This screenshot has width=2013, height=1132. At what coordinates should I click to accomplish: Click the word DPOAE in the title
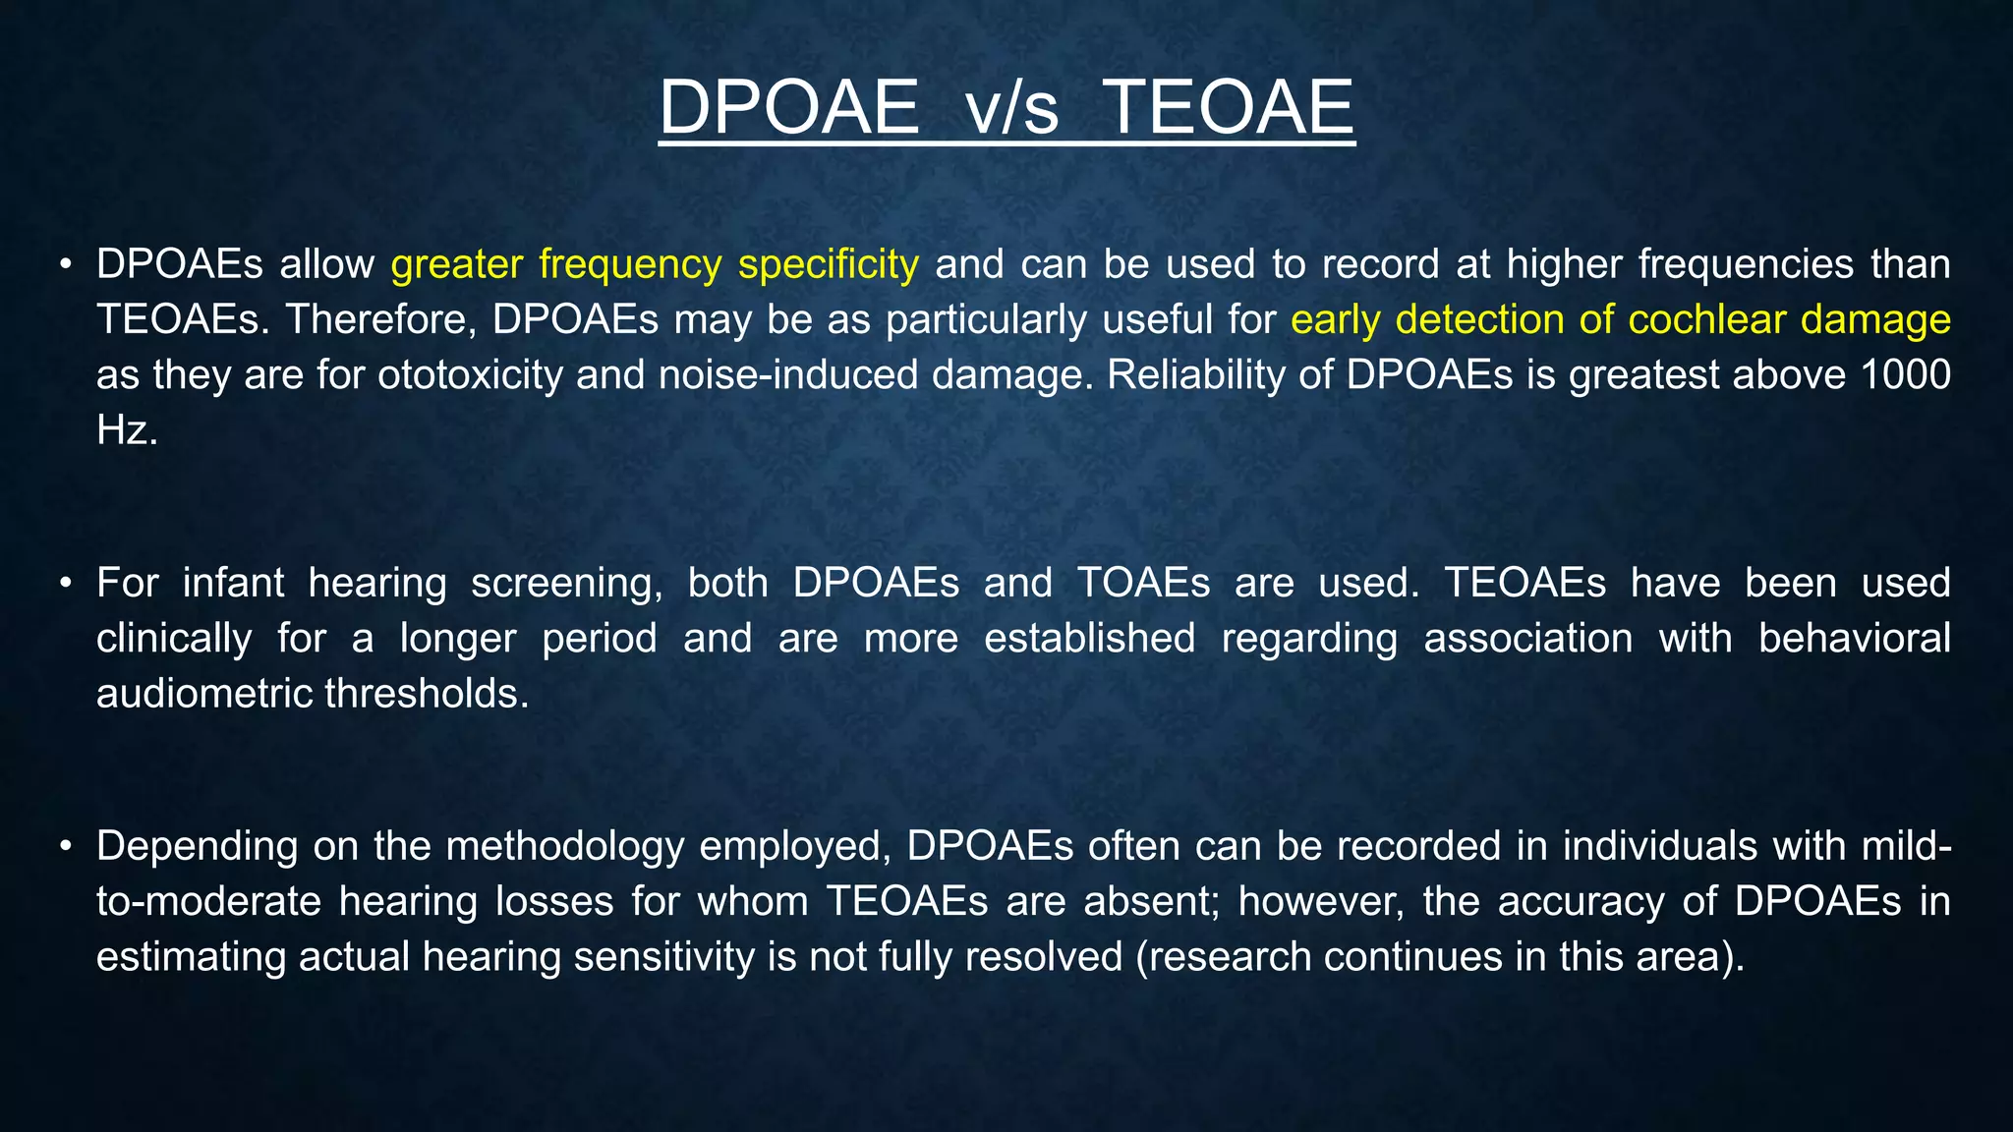point(788,107)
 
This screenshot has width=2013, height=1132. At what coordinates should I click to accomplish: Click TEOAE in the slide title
point(1229,107)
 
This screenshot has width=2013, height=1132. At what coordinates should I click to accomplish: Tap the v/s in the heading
point(1012,110)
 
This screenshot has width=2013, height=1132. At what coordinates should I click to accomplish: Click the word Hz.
point(126,430)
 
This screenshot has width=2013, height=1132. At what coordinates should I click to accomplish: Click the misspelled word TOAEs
point(1144,584)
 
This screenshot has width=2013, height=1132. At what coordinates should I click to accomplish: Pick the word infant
point(233,584)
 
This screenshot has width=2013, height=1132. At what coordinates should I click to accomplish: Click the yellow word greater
point(456,266)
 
